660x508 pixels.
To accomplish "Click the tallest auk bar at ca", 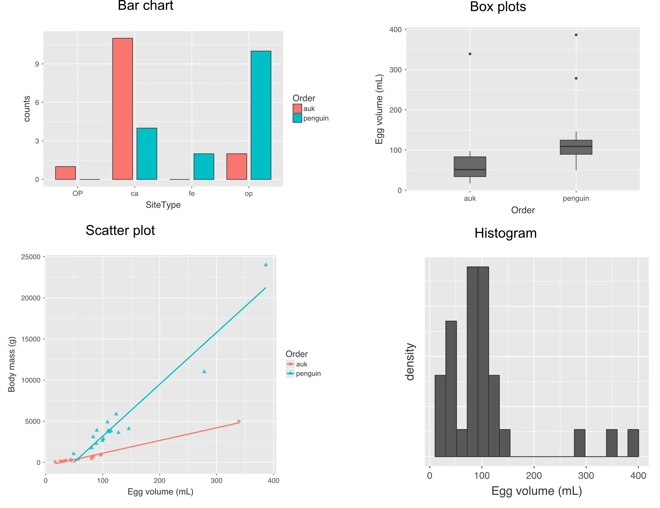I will point(122,109).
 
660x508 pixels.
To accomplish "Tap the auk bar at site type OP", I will point(65,173).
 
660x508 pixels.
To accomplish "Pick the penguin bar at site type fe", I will point(204,166).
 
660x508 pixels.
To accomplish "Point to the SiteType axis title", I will point(163,205).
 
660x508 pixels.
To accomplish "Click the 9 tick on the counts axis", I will point(37,64).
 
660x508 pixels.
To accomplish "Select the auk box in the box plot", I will point(470,166).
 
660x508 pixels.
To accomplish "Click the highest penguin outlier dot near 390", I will point(576,35).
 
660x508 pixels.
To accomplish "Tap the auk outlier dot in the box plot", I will point(470,54).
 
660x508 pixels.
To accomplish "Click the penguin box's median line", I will point(576,146).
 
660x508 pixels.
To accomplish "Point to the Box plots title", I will point(498,7).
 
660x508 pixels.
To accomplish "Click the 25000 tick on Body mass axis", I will point(31,257).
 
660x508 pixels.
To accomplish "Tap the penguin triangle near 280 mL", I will point(204,371).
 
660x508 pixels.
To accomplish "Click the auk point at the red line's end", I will point(239,421).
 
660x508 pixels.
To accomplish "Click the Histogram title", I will point(505,233).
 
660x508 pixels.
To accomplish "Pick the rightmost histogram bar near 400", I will point(633,443).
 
